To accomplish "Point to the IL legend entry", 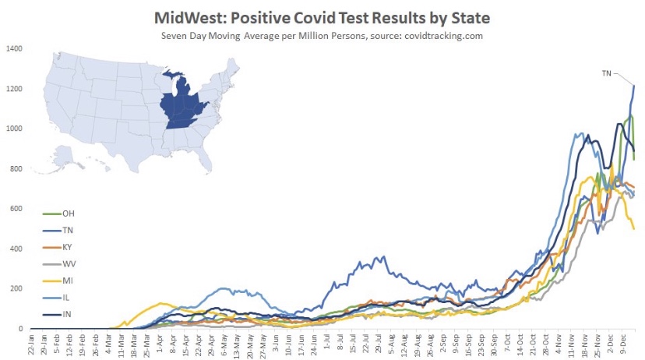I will pyautogui.click(x=65, y=297).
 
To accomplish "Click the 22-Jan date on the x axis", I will pyautogui.click(x=31, y=344).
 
